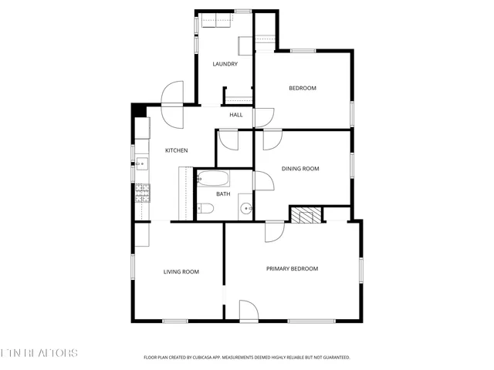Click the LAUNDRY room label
coord(225,64)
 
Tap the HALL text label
coord(235,115)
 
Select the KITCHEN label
coord(177,150)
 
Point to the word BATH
coord(223,193)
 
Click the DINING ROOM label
coord(300,168)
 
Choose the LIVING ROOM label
coord(181,271)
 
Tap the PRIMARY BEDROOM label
coord(292,268)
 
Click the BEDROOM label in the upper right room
coord(303,88)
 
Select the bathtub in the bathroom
coord(212,180)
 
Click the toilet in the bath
coord(206,208)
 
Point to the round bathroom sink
coord(245,207)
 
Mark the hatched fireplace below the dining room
coord(306,214)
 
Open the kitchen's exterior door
coord(171,95)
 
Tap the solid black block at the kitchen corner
coord(138,110)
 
